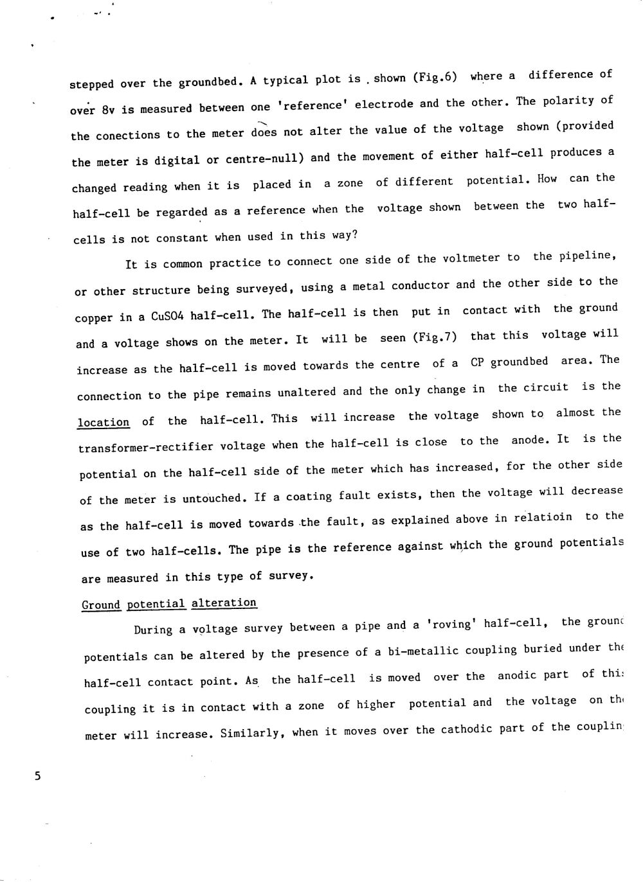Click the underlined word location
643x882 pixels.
pyautogui.click(x=104, y=423)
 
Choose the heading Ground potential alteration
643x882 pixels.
pyautogui.click(x=169, y=604)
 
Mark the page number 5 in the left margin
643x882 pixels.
pyautogui.click(x=37, y=776)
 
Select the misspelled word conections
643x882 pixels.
pyautogui.click(x=128, y=136)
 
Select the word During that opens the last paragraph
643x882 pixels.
pyautogui.click(x=154, y=630)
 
